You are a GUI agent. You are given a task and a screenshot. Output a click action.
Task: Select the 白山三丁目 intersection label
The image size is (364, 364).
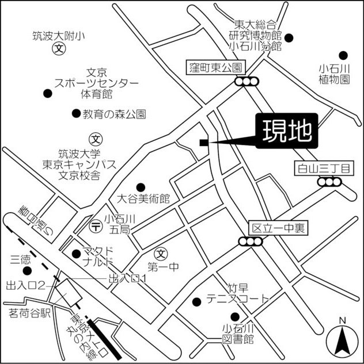322,168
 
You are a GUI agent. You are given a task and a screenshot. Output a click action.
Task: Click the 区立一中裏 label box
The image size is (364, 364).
278,228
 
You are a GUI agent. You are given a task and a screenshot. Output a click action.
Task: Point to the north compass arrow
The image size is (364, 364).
342,340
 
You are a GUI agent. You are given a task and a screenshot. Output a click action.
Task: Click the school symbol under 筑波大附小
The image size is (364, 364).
58,49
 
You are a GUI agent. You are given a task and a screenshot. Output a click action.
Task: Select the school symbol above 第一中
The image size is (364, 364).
161,252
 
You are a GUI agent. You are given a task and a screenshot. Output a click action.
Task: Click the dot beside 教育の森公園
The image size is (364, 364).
75,113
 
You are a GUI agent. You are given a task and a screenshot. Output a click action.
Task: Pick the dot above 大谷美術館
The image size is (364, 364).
140,186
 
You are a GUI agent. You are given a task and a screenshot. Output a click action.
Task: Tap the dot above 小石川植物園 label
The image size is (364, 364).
343,55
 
